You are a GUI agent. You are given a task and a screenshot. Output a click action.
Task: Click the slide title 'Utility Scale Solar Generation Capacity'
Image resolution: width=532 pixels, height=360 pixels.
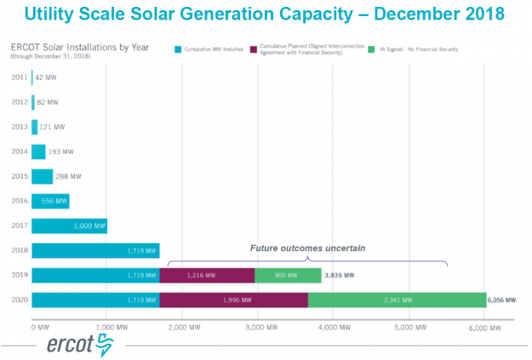point(266,14)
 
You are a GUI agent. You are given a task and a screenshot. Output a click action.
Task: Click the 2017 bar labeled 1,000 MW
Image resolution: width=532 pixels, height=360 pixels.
point(69,226)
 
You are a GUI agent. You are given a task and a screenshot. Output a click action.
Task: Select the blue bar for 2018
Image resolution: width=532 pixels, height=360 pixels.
point(95,250)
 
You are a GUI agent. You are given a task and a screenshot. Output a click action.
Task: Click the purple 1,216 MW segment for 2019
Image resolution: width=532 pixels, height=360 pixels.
point(207,275)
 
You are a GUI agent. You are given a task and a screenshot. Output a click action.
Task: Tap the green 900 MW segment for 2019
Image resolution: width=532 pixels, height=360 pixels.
point(288,275)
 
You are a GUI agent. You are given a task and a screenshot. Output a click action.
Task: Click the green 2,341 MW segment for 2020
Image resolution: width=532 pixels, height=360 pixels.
point(397,300)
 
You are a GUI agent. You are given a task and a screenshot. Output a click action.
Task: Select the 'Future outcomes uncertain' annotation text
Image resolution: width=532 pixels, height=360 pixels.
point(307,248)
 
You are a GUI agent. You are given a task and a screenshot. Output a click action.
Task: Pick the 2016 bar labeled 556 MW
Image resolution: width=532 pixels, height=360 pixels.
point(50,201)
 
